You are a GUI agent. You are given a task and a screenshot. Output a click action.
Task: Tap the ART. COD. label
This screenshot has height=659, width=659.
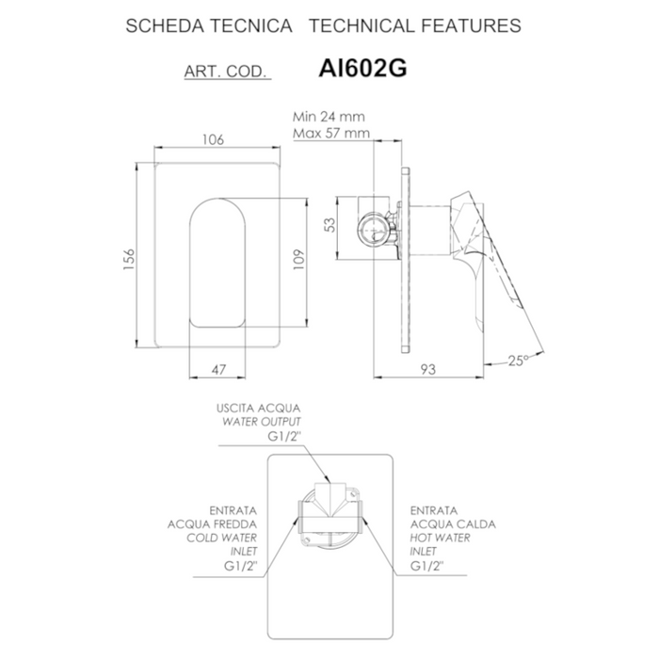[x=227, y=72]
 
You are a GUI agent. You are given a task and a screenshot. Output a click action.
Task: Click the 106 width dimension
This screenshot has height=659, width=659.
[x=213, y=139]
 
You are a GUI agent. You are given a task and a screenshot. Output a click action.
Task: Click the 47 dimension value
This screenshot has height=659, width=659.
[x=218, y=370]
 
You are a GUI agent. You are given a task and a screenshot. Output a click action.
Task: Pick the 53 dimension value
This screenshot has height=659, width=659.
[x=329, y=225]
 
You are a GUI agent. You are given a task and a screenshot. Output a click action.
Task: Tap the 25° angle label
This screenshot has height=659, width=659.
[x=519, y=359]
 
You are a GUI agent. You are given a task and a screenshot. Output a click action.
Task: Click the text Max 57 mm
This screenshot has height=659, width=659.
[x=330, y=134]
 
